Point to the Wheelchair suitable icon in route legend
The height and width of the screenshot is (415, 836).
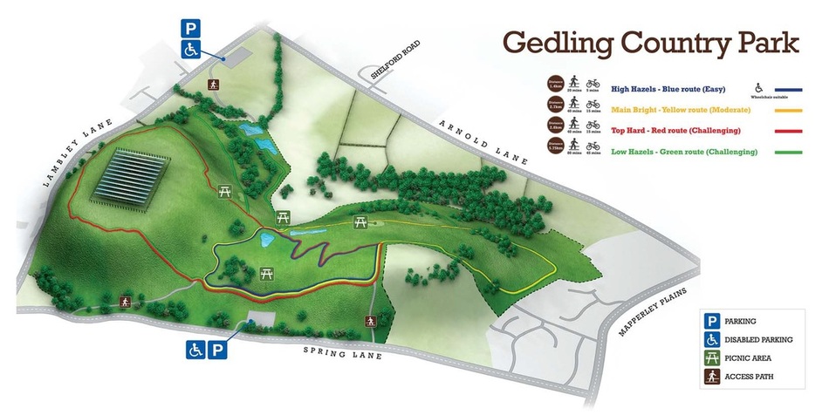pyautogui.click(x=757, y=86)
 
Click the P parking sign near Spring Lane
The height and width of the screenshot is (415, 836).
pyautogui.click(x=218, y=350)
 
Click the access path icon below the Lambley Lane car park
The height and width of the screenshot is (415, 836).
pyautogui.click(x=212, y=84)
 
